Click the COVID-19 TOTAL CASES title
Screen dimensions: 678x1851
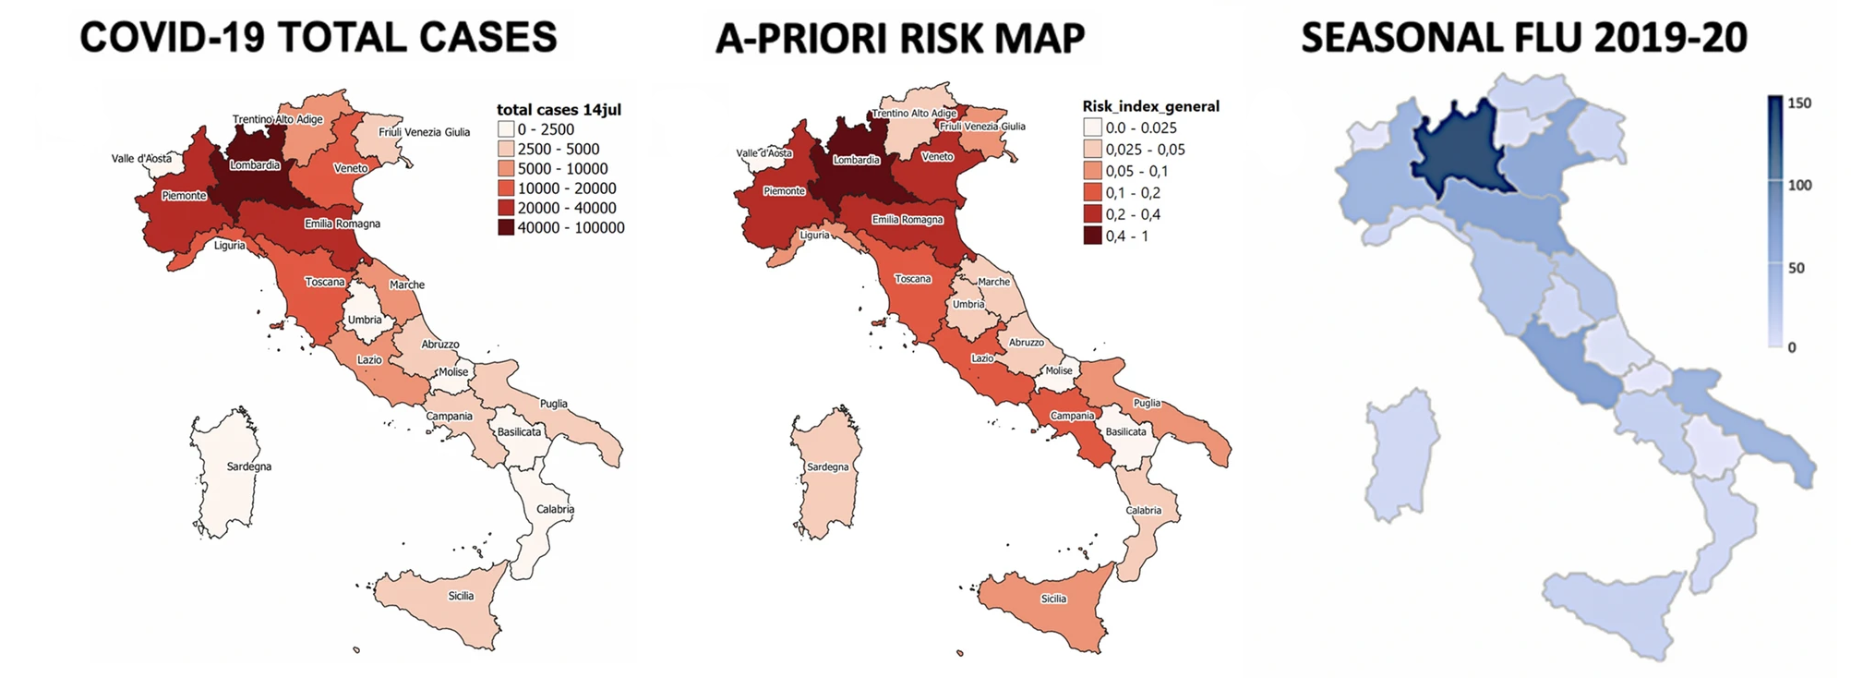pos(319,38)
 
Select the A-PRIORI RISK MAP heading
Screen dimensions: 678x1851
pos(900,40)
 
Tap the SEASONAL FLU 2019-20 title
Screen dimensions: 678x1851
pos(1524,38)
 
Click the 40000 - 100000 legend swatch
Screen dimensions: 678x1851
pos(505,227)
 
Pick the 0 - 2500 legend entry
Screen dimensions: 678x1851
pos(546,129)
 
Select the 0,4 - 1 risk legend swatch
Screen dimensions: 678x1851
pos(1092,236)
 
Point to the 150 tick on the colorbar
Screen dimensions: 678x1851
pos(1799,103)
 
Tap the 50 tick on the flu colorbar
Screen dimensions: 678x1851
pos(1797,268)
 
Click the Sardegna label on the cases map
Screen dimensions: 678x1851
pos(249,466)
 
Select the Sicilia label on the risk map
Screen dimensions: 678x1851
pos(1053,599)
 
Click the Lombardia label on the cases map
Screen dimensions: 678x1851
pos(255,165)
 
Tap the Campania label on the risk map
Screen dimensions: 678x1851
pos(1072,416)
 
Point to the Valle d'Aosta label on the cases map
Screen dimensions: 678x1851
pos(141,158)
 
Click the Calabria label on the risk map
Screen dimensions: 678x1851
pos(1143,510)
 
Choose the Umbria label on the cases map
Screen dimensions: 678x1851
pos(365,320)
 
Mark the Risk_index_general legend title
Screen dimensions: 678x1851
pos(1150,106)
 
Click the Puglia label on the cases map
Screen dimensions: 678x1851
pos(554,404)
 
